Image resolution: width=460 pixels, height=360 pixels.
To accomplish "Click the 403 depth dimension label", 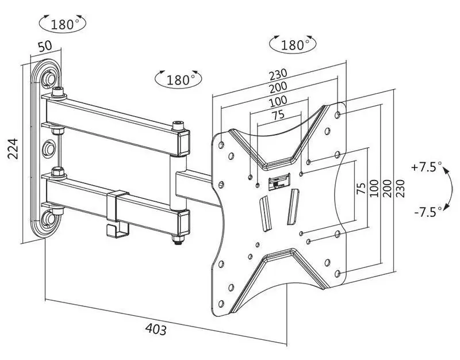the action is [156, 329].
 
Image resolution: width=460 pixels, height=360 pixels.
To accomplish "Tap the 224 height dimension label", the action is [13, 148].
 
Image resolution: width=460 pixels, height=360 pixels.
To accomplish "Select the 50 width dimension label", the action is [45, 46].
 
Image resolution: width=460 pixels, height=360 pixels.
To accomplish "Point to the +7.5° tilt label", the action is [426, 167].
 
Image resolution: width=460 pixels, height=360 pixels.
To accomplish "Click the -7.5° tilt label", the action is [428, 211].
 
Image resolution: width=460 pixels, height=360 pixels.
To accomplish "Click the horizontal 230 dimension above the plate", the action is [278, 75].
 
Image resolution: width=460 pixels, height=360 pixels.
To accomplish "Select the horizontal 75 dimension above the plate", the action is [278, 114].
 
